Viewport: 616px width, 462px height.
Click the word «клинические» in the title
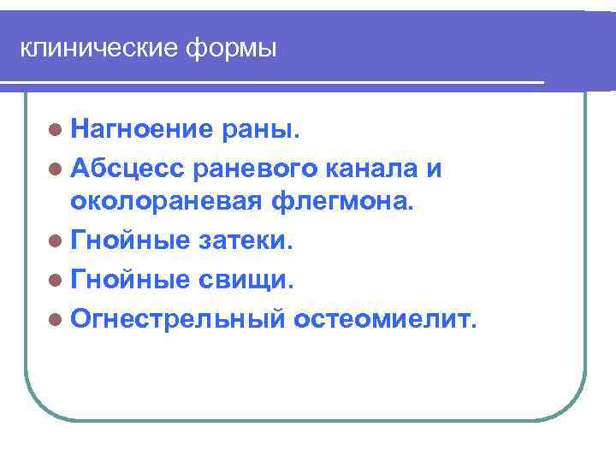coord(96,49)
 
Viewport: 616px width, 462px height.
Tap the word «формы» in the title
coord(229,49)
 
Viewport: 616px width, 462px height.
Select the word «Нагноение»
coord(142,129)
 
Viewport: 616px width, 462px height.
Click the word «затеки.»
coord(246,242)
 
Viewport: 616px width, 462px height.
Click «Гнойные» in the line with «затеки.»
coord(130,242)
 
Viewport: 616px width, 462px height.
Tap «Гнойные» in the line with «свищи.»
coord(130,280)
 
